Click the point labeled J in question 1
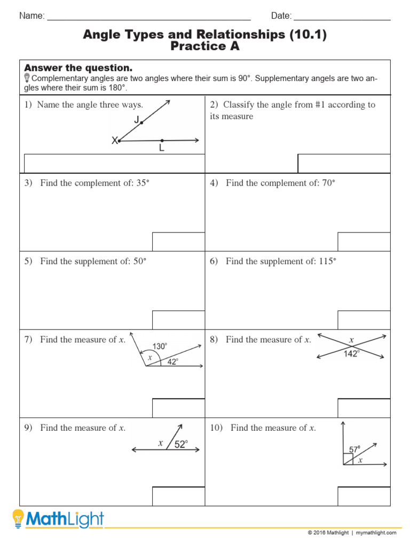[141, 123]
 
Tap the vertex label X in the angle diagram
[114, 141]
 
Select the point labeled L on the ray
[162, 141]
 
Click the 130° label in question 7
[160, 346]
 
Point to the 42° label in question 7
[172, 361]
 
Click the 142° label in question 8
[351, 354]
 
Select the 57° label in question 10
[354, 449]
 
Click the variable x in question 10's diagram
[360, 460]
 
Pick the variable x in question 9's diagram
[160, 443]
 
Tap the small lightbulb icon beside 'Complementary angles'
[27, 78]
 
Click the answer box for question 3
[178, 242]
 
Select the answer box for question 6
[364, 320]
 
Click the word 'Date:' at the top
[281, 16]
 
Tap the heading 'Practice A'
[204, 46]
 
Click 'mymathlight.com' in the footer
[376, 533]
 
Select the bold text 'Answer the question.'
[78, 68]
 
